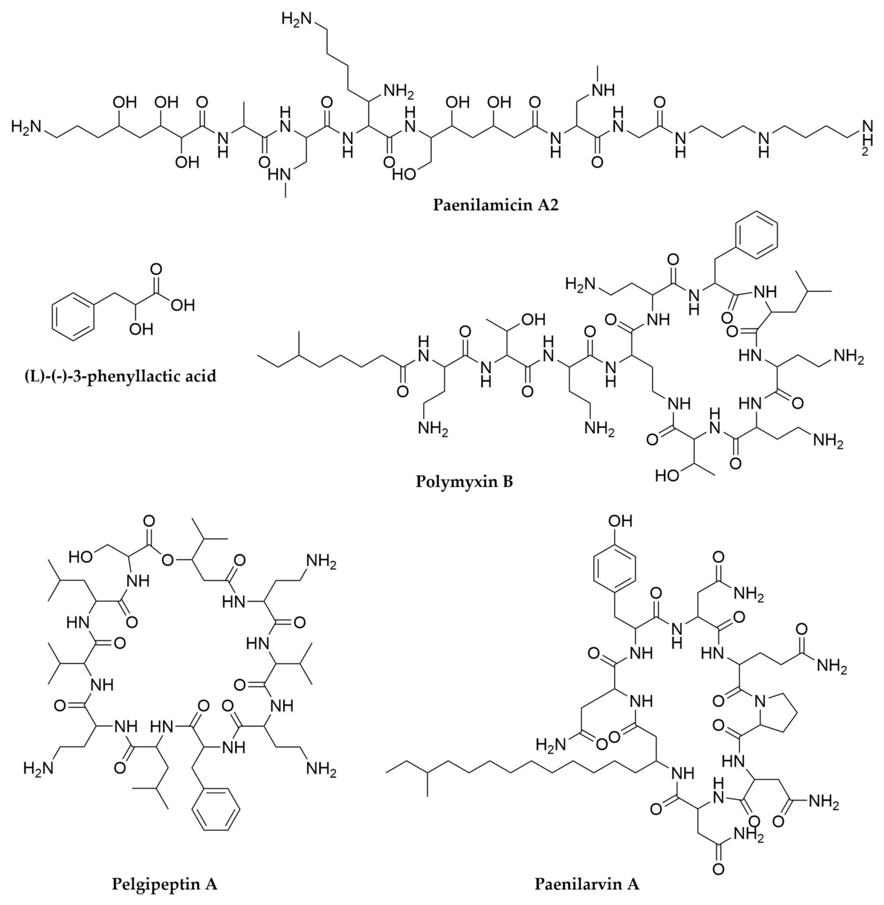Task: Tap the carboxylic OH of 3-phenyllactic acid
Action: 182,305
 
